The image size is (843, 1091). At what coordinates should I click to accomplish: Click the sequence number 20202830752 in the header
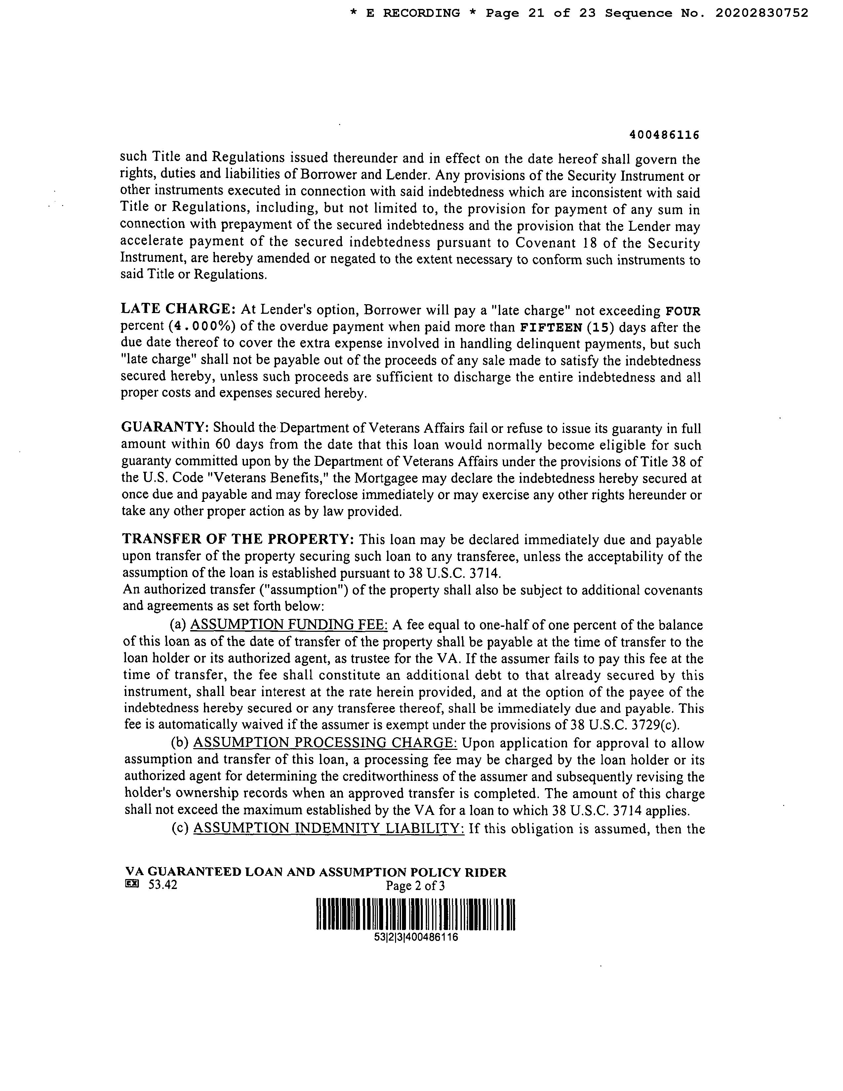click(761, 14)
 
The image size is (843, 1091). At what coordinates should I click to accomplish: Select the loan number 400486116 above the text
click(664, 135)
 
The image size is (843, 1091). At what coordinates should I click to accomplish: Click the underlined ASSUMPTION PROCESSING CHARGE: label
click(325, 743)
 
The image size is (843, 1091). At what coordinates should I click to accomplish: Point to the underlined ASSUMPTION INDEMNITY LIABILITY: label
click(329, 829)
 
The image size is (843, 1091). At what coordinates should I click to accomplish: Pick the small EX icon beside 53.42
click(132, 884)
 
